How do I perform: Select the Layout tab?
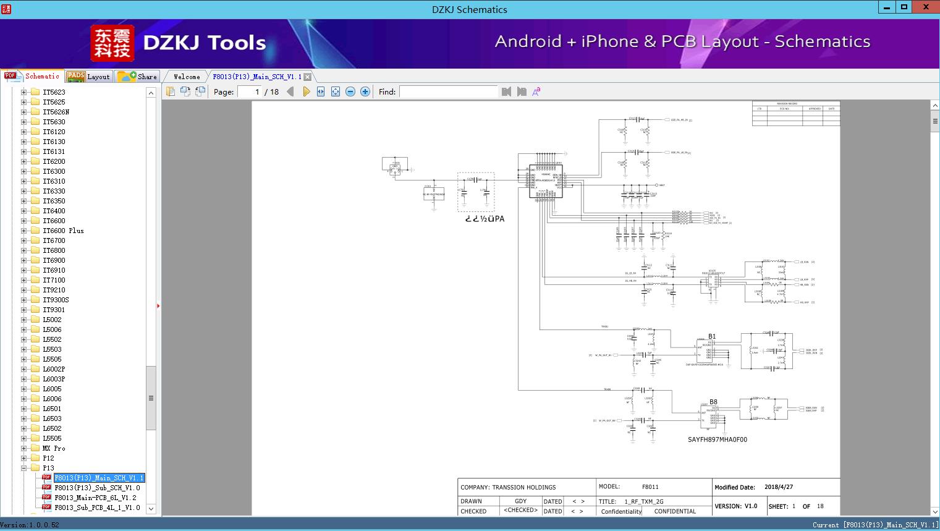[89, 76]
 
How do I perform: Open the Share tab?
[138, 76]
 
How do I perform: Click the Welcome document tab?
[187, 77]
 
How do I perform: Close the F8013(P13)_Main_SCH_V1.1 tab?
[308, 77]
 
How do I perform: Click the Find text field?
[448, 91]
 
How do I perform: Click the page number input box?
[250, 91]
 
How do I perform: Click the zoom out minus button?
[350, 91]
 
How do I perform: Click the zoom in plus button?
[365, 91]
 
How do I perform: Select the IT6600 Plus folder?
[63, 231]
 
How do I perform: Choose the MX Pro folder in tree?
[54, 448]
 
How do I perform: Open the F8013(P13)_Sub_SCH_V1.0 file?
[97, 488]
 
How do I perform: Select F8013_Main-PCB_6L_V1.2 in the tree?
[95, 498]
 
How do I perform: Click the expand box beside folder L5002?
[23, 320]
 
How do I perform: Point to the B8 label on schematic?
[713, 402]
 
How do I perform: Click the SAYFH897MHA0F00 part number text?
[717, 440]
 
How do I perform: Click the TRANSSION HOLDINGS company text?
[523, 487]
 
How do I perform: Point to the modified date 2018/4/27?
[778, 487]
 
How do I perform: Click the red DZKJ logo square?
[112, 43]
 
